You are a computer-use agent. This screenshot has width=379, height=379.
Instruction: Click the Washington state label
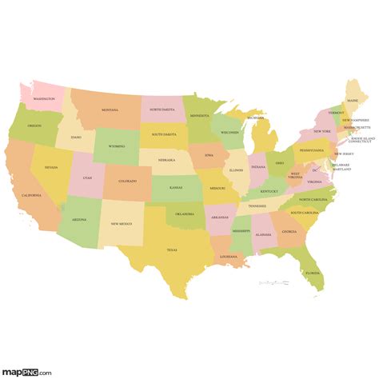pos(44,99)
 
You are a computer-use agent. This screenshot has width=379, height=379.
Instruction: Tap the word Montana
pos(110,110)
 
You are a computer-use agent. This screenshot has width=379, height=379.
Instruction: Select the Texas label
pos(171,249)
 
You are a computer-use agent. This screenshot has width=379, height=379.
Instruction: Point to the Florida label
pos(311,273)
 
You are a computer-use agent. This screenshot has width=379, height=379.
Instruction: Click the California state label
pos(31,196)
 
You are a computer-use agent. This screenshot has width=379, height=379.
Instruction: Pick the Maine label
pos(353,101)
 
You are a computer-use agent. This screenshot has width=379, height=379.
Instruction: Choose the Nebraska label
pos(166,160)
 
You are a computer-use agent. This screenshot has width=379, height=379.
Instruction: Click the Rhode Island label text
pos(357,138)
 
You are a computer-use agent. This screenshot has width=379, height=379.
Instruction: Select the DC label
pos(315,170)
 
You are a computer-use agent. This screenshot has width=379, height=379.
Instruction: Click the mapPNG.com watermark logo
pos(26,371)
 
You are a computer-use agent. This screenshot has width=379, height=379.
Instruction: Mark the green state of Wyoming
pos(116,146)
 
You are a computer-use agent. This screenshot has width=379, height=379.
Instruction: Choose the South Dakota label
pos(164,135)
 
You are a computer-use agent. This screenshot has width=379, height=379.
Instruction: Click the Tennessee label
pos(257,205)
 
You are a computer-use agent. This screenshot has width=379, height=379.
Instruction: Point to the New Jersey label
pos(343,154)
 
